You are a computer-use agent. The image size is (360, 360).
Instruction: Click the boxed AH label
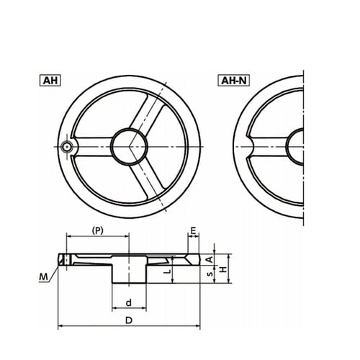50,81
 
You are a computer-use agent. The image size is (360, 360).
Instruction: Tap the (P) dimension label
98,230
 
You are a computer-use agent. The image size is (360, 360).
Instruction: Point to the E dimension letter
194,230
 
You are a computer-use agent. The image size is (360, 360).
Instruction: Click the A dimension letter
210,259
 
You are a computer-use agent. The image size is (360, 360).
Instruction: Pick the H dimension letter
223,269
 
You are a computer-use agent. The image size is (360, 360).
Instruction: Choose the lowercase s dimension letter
210,274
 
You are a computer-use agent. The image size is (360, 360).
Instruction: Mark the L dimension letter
168,271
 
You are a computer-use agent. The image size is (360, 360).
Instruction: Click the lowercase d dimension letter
129,302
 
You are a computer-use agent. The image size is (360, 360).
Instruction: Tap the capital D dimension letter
129,320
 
